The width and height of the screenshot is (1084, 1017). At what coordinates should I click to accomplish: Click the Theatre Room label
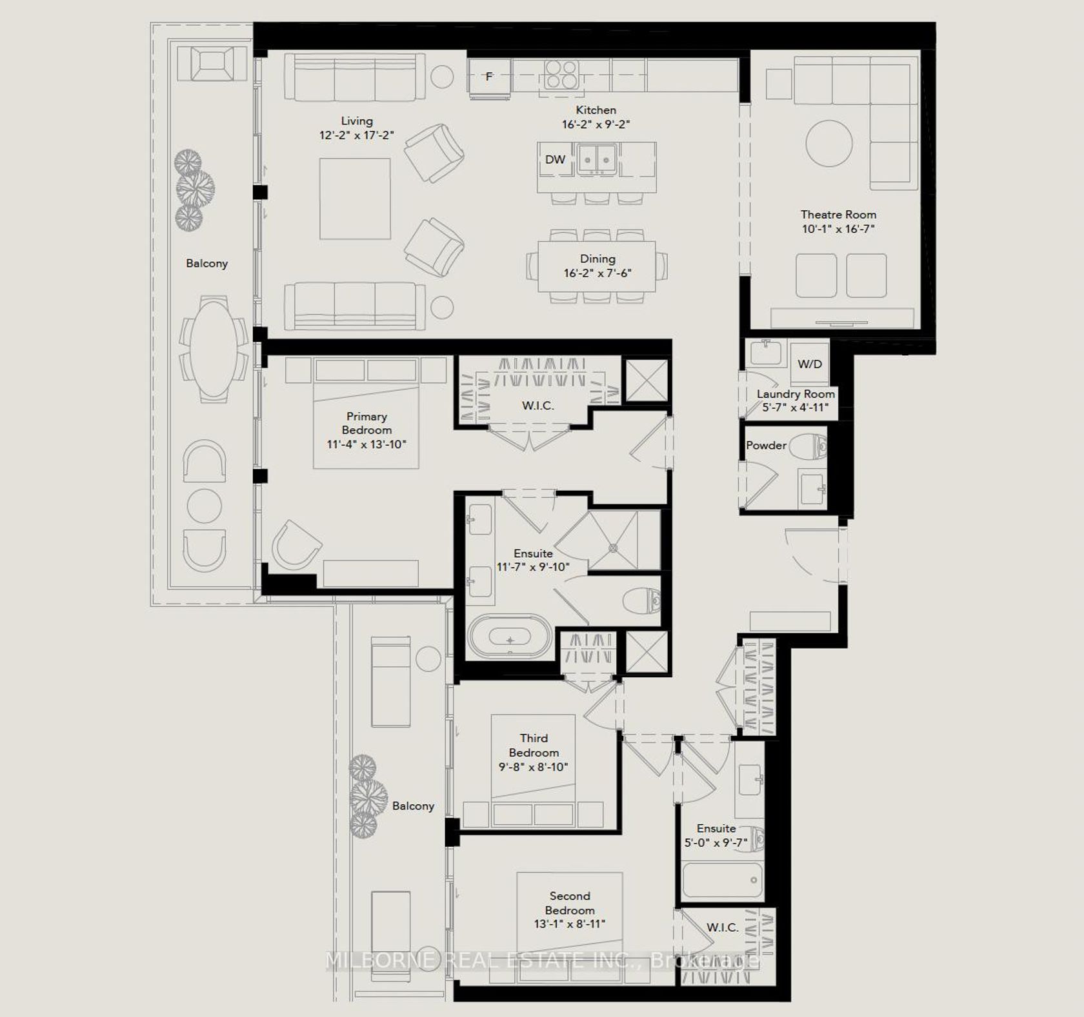[x=838, y=214]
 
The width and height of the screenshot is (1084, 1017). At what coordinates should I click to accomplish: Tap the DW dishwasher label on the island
[x=555, y=159]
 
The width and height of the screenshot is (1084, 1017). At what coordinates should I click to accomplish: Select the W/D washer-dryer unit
[x=810, y=364]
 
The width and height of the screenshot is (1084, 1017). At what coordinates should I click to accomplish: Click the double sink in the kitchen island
[x=597, y=159]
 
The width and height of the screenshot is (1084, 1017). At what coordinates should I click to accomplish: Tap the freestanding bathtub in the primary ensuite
[x=510, y=636]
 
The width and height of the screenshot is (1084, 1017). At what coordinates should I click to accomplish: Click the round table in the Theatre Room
[x=829, y=143]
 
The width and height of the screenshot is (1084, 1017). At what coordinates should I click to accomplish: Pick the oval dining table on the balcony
[x=214, y=349]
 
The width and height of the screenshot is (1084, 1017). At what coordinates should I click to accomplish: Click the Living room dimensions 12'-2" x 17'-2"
[x=356, y=135]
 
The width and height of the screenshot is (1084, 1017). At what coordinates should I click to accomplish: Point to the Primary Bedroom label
[x=366, y=423]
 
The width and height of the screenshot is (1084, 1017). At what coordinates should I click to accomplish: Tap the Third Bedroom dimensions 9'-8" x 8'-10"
[x=533, y=767]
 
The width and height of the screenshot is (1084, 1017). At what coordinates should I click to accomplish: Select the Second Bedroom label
[x=570, y=903]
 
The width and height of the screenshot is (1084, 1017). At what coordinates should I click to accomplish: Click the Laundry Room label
[x=796, y=393]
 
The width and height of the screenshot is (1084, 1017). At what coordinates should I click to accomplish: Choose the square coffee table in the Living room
[x=355, y=199]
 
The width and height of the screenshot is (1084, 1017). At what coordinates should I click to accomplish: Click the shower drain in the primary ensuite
[x=613, y=548]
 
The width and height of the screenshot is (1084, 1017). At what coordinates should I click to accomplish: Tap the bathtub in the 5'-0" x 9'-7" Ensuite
[x=723, y=880]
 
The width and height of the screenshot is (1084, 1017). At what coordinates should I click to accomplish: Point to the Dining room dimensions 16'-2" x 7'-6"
[x=597, y=273]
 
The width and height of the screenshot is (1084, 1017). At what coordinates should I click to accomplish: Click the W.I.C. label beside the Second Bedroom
[x=722, y=927]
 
